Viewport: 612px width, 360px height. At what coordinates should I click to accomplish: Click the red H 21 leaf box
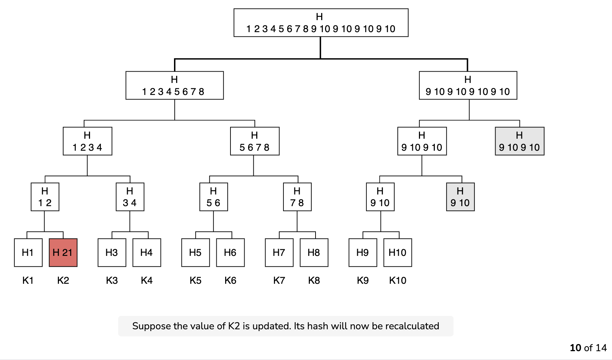click(x=63, y=253)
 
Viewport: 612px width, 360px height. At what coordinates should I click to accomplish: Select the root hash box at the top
click(x=321, y=23)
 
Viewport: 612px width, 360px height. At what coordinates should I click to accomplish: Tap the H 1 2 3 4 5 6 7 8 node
click(x=175, y=85)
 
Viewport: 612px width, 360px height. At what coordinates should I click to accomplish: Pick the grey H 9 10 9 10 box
click(x=520, y=141)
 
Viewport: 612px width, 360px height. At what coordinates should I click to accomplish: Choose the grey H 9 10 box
click(x=460, y=197)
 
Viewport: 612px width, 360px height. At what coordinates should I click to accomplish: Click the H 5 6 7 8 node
click(x=255, y=141)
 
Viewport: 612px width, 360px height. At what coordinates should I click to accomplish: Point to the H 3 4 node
click(x=130, y=197)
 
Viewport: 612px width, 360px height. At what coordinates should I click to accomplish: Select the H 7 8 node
click(x=297, y=197)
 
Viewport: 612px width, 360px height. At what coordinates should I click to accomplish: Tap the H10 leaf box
click(x=398, y=253)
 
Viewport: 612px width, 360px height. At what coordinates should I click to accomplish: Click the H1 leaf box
click(x=28, y=253)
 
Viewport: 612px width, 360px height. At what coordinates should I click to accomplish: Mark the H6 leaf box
click(x=230, y=253)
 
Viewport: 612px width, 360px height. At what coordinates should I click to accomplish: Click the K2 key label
click(x=63, y=281)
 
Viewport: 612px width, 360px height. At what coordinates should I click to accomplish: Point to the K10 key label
click(x=398, y=281)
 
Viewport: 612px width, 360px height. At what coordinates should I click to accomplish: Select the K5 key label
click(x=196, y=281)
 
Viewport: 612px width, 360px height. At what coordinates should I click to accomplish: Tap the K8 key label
click(x=314, y=281)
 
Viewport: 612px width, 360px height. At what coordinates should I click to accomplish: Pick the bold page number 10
click(x=576, y=348)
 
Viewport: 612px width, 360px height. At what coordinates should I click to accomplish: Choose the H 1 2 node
click(x=45, y=197)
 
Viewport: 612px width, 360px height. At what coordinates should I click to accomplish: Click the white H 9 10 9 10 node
click(x=422, y=141)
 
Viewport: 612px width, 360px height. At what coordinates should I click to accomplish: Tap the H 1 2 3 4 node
click(x=88, y=141)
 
